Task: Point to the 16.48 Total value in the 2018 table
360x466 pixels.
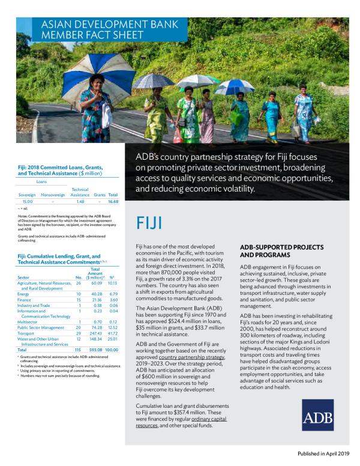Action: (112, 202)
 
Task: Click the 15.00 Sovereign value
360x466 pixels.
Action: (28, 202)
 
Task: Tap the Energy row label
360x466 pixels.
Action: (24, 294)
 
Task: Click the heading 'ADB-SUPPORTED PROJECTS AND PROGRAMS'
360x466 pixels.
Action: (281, 251)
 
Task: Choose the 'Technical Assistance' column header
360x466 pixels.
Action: (80, 192)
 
